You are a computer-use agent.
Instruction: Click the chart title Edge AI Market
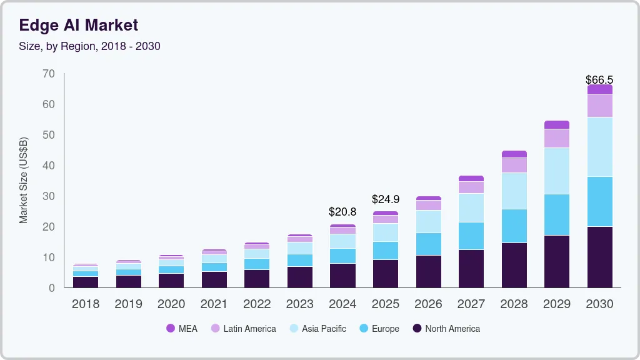point(78,25)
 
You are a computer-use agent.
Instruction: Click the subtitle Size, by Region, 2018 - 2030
point(89,46)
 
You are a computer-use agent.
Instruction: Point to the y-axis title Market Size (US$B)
point(24,181)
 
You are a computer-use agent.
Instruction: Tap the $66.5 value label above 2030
point(599,80)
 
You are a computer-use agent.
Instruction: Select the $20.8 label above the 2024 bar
point(342,212)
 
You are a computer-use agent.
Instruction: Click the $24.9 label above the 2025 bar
point(385,199)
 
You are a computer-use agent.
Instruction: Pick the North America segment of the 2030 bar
point(599,257)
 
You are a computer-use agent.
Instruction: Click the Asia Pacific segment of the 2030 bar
point(599,147)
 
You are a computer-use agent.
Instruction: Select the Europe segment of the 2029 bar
point(556,214)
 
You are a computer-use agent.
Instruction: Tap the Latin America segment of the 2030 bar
point(599,106)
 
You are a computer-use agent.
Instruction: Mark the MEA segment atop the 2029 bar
point(556,124)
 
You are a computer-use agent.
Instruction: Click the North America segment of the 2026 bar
point(428,271)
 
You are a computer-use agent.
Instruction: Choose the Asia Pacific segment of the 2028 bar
point(514,191)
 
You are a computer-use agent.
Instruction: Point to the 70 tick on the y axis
point(49,74)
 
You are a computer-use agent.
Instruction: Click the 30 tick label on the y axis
point(49,196)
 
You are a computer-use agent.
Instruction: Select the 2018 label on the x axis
point(85,304)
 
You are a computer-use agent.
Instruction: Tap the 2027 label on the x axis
point(471,304)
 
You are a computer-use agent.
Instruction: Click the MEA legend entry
point(182,329)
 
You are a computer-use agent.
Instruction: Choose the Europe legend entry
point(379,329)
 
